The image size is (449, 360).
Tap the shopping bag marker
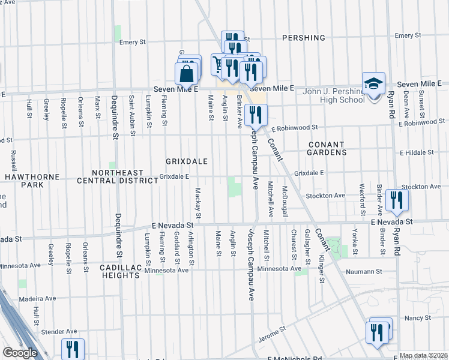(187, 74)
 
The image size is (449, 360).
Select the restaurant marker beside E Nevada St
(396, 200)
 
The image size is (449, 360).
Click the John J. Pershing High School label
(334, 95)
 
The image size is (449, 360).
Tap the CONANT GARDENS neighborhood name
(327, 149)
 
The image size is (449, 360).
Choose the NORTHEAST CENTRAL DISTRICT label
(112, 176)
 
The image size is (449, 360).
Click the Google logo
(20, 353)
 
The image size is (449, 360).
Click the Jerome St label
(273, 333)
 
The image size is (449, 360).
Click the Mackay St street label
(197, 203)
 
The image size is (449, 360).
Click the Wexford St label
(363, 199)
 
